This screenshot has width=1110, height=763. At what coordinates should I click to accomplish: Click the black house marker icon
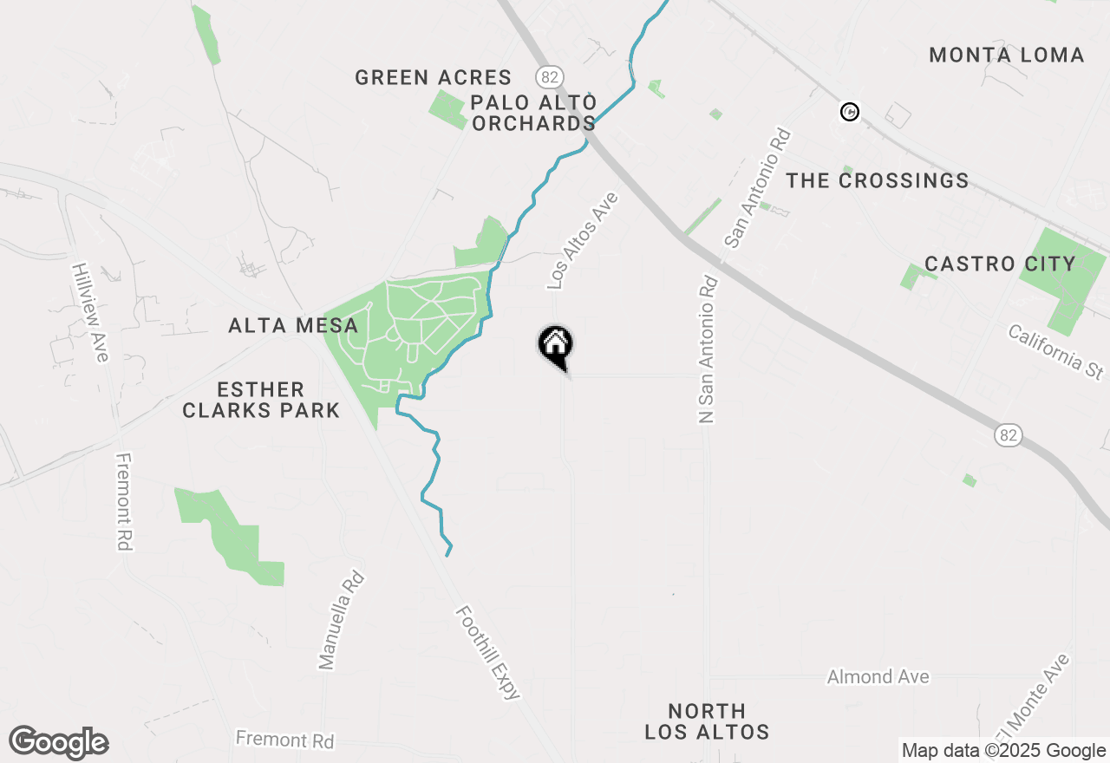[x=556, y=346]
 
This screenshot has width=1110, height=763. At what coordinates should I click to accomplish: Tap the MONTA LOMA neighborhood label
[x=1006, y=55]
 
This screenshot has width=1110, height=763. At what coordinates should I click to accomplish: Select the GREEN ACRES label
[x=433, y=77]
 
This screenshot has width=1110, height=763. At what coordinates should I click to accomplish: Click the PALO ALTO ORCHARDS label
[x=534, y=113]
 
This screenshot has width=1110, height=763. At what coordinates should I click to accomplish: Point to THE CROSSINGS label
[x=877, y=180]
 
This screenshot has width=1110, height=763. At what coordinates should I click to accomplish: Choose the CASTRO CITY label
[x=999, y=264]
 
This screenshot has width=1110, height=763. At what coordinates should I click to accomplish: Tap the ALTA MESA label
[x=293, y=326]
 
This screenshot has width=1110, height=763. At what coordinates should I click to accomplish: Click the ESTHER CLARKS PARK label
[x=261, y=400]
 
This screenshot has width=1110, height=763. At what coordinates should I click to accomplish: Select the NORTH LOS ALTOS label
[x=707, y=721]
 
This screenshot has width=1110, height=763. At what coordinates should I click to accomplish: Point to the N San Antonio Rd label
[x=708, y=349]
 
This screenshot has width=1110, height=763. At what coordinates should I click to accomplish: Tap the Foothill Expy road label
[x=488, y=652]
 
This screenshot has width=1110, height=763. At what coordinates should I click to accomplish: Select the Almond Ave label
[x=878, y=676]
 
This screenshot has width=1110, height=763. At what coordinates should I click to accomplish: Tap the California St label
[x=1055, y=351]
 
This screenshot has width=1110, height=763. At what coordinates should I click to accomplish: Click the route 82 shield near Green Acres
[x=549, y=76]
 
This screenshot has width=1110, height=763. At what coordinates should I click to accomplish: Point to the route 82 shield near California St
[x=1007, y=435]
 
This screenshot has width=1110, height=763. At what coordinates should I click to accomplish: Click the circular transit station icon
[x=851, y=112]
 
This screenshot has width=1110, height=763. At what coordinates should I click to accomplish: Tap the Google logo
[x=58, y=742]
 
